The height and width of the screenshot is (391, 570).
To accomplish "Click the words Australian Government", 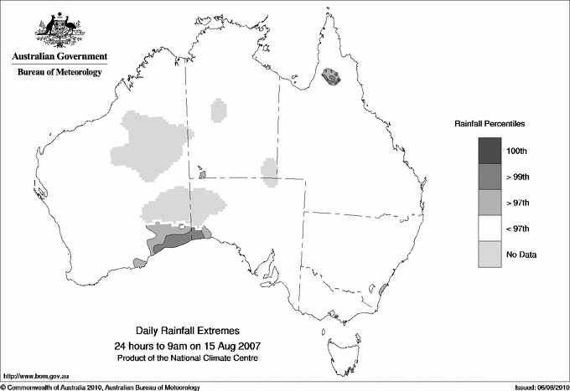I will pyautogui.click(x=59, y=57).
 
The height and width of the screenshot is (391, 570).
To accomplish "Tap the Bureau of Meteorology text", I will pyautogui.click(x=59, y=73).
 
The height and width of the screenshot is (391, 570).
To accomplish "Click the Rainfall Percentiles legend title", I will pyautogui.click(x=490, y=124).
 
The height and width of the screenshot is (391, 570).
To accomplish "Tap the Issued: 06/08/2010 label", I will pyautogui.click(x=533, y=387).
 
